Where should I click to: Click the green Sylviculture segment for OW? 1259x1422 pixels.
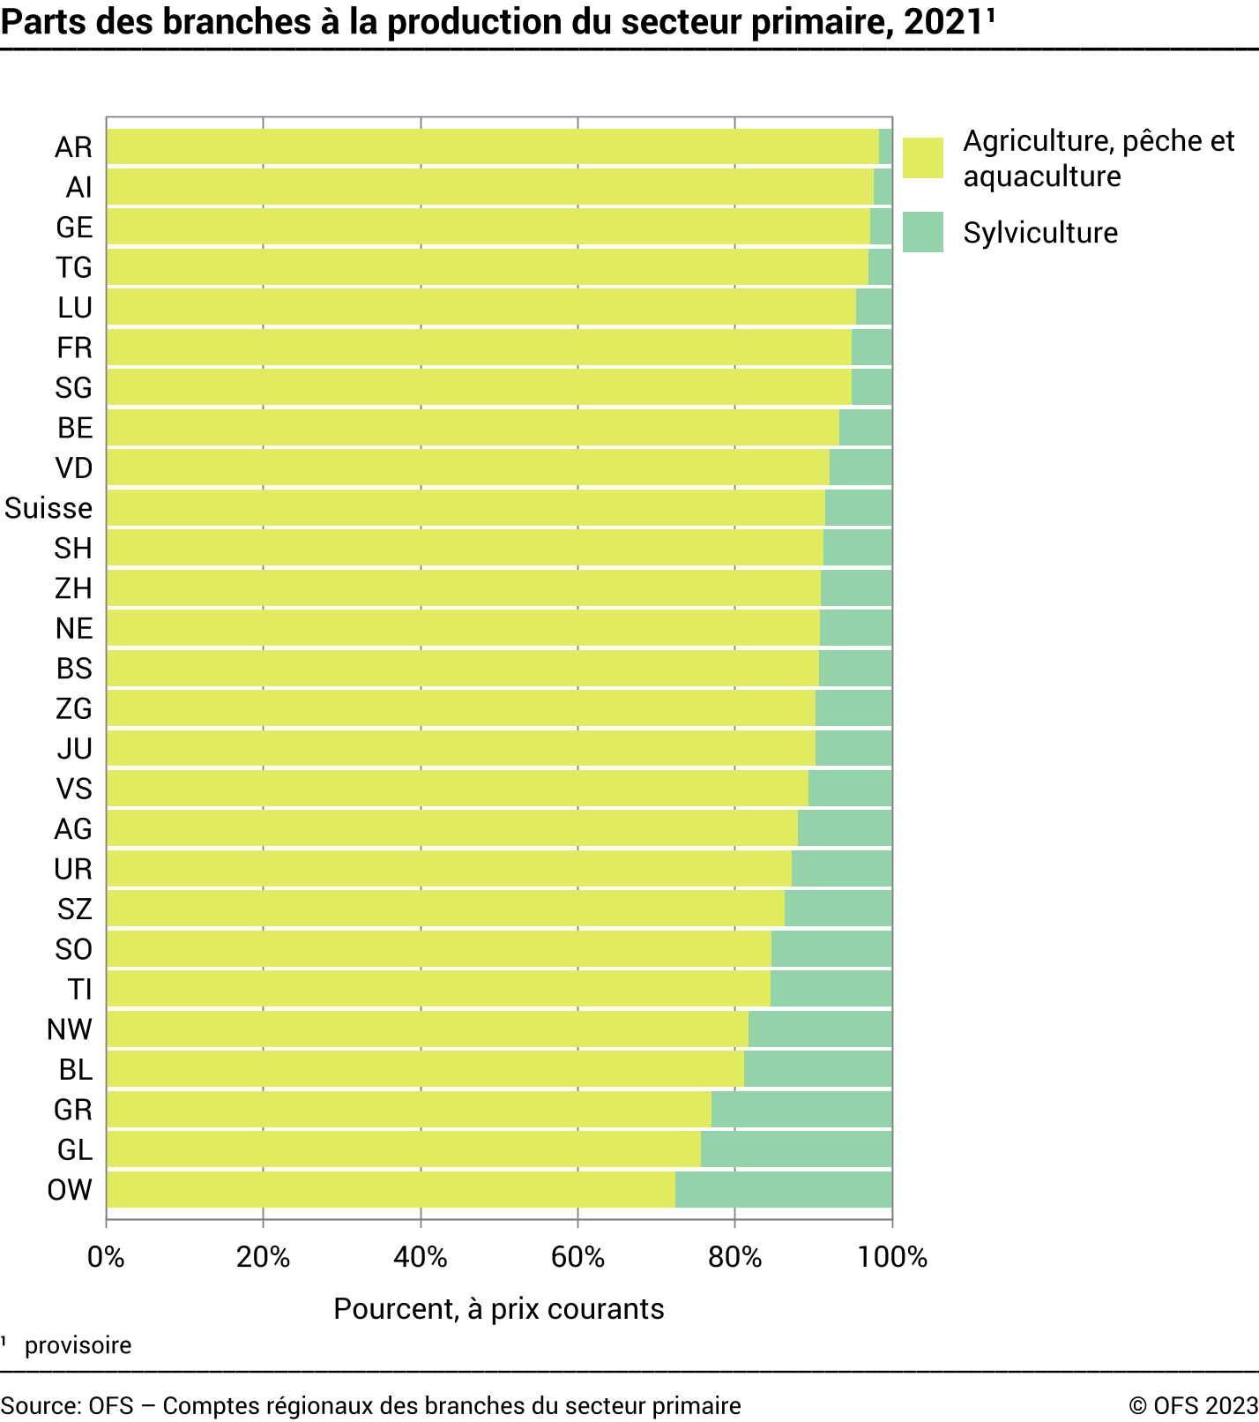783,1189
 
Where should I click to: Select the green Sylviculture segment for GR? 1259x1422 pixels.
801,1109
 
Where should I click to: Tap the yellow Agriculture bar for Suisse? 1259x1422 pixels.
466,508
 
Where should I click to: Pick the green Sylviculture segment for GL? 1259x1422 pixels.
796,1149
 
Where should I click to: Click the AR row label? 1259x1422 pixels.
73,147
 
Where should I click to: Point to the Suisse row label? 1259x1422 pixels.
48,508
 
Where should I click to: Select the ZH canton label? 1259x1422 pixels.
73,588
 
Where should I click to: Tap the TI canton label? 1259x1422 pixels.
79,990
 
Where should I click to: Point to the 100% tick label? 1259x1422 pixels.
892,1256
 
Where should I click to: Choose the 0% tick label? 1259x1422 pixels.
106,1256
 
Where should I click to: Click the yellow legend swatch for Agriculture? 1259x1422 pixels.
922,158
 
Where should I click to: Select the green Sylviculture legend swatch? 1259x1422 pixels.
922,232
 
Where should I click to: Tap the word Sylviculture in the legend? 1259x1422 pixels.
1040,233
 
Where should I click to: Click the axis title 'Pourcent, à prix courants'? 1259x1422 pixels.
498,1309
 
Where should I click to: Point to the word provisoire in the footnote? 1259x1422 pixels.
78,1345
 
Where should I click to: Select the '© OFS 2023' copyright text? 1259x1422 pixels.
1192,1405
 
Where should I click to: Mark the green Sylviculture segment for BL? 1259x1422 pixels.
817,1069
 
